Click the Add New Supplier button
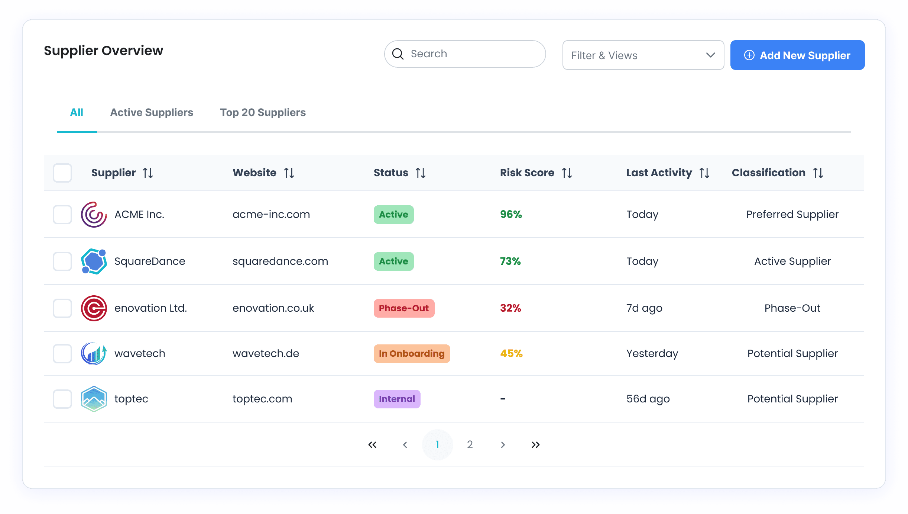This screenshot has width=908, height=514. click(x=797, y=55)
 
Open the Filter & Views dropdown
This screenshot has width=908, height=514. click(x=643, y=55)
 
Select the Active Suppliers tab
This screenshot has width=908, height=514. click(x=152, y=112)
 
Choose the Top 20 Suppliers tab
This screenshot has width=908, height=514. click(x=263, y=112)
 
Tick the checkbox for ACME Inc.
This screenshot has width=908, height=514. click(x=62, y=215)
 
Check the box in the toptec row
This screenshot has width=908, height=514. click(x=62, y=399)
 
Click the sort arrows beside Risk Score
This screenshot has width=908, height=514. click(x=567, y=173)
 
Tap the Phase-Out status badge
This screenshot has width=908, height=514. click(x=404, y=308)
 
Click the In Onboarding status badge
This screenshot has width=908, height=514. click(x=412, y=354)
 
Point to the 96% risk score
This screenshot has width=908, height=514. click(x=511, y=215)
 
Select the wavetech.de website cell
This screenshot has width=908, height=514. click(x=266, y=354)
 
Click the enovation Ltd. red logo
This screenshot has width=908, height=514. click(x=94, y=308)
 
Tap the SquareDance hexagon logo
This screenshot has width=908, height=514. click(x=94, y=261)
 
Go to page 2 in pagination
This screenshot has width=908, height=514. click(x=470, y=445)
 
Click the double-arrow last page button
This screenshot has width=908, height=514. click(x=535, y=445)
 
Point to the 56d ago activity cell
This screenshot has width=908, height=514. click(x=648, y=399)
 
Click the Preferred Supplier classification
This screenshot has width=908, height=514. click(x=792, y=215)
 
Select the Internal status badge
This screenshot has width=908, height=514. click(x=397, y=399)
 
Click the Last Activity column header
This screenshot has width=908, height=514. click(x=659, y=173)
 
